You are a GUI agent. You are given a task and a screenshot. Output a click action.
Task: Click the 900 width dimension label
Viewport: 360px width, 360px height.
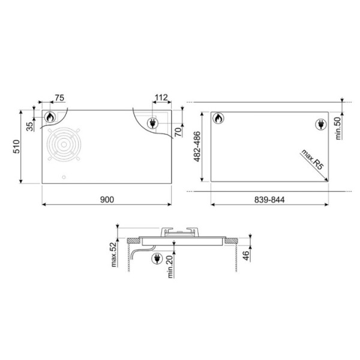coord(107,200)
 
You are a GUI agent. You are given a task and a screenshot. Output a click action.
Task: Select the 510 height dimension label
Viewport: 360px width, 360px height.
coord(17,146)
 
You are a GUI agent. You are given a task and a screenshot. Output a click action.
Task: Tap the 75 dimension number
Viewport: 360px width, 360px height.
coord(59,98)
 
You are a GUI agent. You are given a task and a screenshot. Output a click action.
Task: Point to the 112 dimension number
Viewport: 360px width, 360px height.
coord(161,98)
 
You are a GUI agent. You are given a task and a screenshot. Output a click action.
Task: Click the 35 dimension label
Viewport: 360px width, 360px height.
coord(29,127)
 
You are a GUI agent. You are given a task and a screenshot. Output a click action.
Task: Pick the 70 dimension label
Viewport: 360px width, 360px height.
coord(178,132)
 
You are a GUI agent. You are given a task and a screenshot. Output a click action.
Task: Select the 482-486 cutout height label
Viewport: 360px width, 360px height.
coord(197,146)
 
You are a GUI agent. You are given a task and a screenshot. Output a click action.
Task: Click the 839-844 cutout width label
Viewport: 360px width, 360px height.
coord(269,200)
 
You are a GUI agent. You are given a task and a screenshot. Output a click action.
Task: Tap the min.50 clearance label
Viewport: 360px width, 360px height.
coord(338,128)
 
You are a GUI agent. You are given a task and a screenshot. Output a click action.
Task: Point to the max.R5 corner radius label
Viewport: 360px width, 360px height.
coord(312,160)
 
